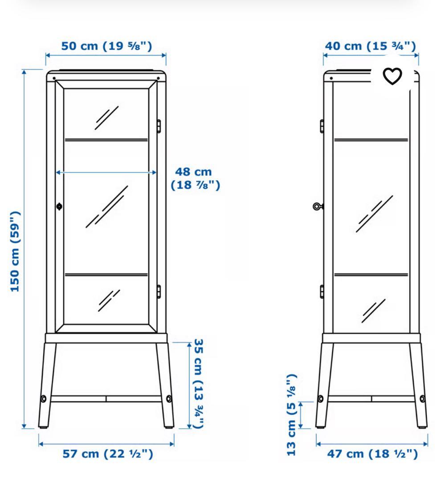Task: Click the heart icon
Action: tap(392, 76)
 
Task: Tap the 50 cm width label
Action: tap(106, 46)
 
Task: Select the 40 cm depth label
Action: tap(371, 46)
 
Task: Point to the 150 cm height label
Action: tap(15, 251)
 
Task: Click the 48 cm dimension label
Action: tap(195, 178)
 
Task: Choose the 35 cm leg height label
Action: tap(199, 383)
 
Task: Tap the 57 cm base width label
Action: tap(108, 454)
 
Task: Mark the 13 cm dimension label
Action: tap(291, 415)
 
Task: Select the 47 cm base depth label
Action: tap(372, 454)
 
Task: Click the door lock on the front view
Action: tap(59, 207)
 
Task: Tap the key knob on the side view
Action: tap(318, 207)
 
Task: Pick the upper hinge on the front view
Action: tap(159, 126)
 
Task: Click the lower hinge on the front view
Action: tap(159, 291)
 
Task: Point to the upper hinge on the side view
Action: tap(322, 126)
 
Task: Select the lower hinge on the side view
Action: tap(322, 291)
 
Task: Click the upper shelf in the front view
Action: tap(106, 140)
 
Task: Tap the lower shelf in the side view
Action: tap(372, 274)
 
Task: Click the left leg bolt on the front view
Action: tap(44, 399)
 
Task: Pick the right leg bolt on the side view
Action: tap(423, 399)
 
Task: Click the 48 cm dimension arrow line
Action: tap(106, 172)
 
